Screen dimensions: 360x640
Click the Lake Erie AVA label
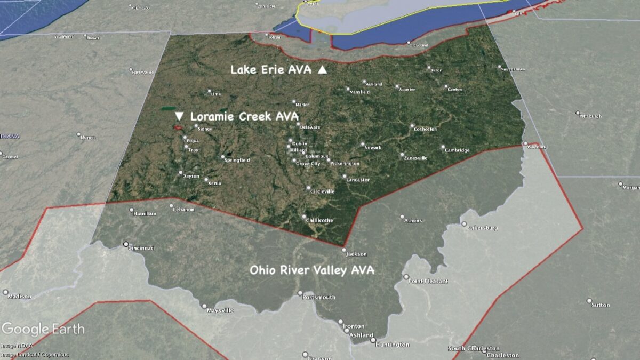271,70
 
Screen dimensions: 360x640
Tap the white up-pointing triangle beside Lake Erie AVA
322,70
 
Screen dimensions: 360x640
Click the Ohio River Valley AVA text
312,270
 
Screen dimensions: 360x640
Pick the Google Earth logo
43,329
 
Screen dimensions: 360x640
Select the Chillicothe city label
319,220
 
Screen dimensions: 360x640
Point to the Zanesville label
416,158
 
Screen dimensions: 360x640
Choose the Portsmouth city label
318,297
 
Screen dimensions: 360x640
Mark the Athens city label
413,220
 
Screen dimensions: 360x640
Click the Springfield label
237,160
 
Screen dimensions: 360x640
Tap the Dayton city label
190,176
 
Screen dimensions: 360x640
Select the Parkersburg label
482,228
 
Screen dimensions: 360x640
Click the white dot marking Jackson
344,250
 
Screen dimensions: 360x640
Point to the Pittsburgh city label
590,116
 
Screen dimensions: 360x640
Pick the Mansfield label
359,92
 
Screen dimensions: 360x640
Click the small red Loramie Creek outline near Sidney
177,127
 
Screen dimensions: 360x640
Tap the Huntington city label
392,345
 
